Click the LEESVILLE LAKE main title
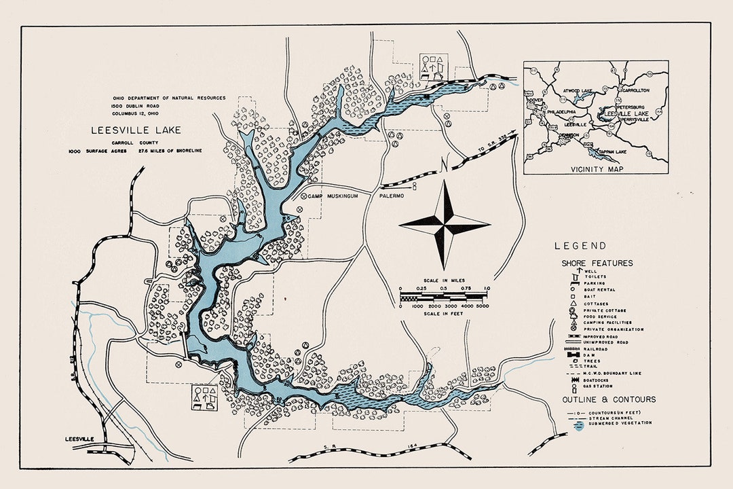(136, 130)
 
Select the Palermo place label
(391, 196)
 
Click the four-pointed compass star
(445, 222)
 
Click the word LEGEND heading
(580, 246)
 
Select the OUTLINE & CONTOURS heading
(608, 399)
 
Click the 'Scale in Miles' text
(445, 280)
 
